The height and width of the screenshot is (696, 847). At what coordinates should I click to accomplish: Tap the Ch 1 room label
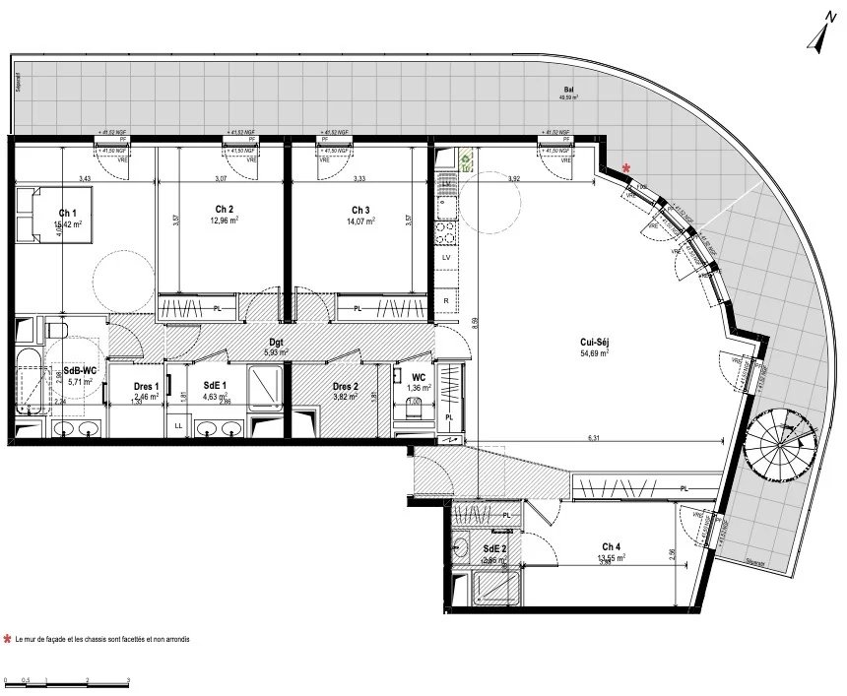pyautogui.click(x=67, y=213)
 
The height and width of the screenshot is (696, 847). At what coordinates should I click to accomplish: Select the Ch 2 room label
pyautogui.click(x=224, y=209)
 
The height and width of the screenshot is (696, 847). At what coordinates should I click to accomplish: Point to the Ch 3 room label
pyautogui.click(x=360, y=210)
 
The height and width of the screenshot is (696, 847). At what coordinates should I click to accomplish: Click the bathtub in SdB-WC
pyautogui.click(x=31, y=379)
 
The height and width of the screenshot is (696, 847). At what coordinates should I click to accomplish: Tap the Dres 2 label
pyautogui.click(x=344, y=386)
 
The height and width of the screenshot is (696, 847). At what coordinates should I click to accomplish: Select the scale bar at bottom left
pyautogui.click(x=67, y=680)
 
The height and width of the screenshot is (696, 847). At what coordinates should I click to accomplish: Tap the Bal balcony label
pyautogui.click(x=568, y=89)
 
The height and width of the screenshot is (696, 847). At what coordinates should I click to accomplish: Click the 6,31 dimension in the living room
pyautogui.click(x=593, y=437)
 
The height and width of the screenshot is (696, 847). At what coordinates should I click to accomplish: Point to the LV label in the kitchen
pyautogui.click(x=446, y=256)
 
